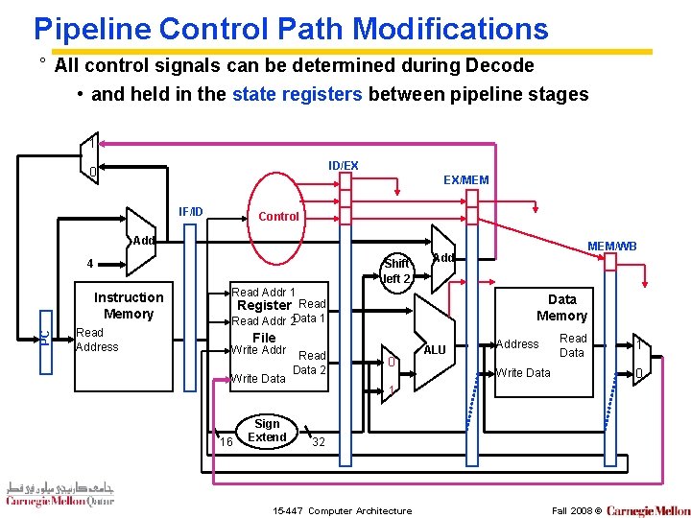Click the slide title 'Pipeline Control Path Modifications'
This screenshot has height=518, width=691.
290,28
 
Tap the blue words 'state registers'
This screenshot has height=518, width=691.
298,94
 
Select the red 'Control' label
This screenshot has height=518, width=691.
278,216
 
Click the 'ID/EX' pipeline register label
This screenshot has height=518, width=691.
343,166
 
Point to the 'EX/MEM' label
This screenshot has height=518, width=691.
465,179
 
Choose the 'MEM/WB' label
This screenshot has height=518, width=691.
613,247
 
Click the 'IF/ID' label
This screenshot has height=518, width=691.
191,211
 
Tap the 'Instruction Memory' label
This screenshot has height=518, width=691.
129,305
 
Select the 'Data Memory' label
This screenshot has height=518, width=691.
561,307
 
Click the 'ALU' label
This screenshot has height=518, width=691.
435,350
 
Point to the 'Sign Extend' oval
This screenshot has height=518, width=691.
267,431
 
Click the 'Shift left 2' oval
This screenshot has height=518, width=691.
395,271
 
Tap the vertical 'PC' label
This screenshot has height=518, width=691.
44,337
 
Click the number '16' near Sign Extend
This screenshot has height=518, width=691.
226,441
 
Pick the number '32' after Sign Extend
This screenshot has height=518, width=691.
320,442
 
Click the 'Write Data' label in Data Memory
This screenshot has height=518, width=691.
523,372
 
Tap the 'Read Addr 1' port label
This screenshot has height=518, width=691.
263,292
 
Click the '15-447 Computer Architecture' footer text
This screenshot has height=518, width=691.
343,510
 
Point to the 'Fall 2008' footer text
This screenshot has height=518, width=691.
572,510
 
